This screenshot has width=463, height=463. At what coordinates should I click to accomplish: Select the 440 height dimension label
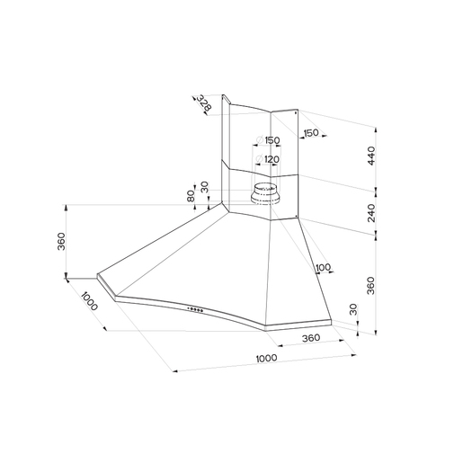pyautogui.click(x=371, y=156)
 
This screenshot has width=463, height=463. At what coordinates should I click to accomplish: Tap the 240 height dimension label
pyautogui.click(x=371, y=213)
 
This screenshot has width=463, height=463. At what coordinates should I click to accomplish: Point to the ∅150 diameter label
pyautogui.click(x=268, y=140)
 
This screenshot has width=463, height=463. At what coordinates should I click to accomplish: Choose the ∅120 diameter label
pyautogui.click(x=267, y=159)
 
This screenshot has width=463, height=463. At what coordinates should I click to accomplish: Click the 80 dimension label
pyautogui.click(x=191, y=196)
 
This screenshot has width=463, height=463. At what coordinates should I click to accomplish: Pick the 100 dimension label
pyautogui.click(x=323, y=267)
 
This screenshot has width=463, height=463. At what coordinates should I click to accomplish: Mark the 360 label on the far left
pyautogui.click(x=61, y=241)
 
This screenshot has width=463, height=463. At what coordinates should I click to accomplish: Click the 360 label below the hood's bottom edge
pyautogui.click(x=311, y=338)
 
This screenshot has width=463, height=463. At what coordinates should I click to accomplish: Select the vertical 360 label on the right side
pyautogui.click(x=370, y=286)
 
